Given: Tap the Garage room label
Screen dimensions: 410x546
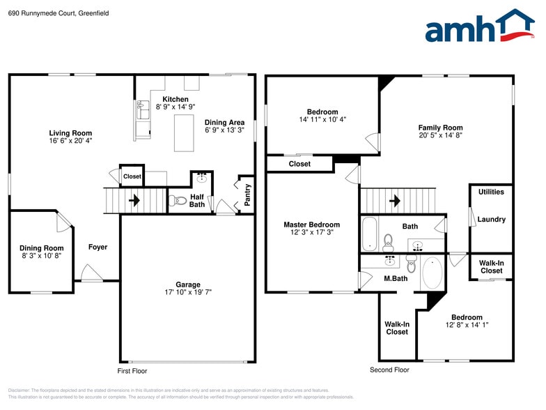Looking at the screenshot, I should click(188, 284).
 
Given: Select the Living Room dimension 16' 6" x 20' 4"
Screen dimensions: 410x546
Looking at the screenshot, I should click(70, 140).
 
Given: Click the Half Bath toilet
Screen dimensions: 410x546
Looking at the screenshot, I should click(175, 201).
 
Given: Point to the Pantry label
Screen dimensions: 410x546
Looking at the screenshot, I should click(247, 195).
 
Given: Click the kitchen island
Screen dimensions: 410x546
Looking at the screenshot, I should click(183, 132).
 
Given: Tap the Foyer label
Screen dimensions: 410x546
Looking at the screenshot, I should click(98, 247).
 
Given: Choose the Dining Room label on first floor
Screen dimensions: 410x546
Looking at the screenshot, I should click(41, 248).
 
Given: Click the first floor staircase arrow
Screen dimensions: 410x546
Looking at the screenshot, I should click(134, 201).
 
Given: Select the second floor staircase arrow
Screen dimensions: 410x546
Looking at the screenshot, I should click(394, 201).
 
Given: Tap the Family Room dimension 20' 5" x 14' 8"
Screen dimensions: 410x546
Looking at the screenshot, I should click(440, 135).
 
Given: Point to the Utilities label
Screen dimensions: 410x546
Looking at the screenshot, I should click(491, 192).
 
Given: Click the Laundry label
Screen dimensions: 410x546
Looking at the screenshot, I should click(492, 220).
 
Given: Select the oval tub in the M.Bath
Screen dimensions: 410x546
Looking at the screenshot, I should click(432, 273).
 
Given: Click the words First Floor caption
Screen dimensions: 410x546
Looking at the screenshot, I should click(132, 370).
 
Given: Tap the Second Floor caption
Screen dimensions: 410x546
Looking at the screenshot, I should click(389, 370).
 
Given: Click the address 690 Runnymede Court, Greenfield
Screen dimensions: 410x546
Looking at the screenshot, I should click(49, 13).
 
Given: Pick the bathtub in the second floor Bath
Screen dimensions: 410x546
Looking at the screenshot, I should click(369, 234).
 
